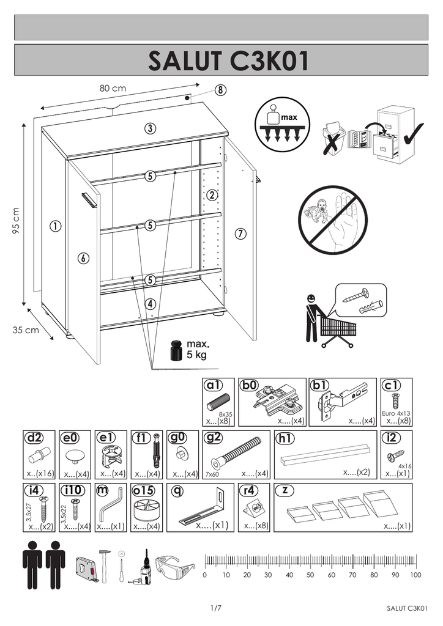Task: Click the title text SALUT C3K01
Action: [229, 61]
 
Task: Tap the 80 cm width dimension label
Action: [113, 88]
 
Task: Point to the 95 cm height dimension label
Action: [16, 221]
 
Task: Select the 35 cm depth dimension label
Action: [26, 330]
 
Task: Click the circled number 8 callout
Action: [220, 90]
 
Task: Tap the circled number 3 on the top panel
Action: [150, 128]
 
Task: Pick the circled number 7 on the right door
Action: [240, 234]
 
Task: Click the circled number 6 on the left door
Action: [83, 259]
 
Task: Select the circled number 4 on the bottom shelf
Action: [150, 304]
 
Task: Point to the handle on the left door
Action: [89, 200]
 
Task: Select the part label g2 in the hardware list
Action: [213, 438]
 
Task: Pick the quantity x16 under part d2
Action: [45, 474]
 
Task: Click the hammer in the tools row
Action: [104, 565]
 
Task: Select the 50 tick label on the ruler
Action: [310, 575]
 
